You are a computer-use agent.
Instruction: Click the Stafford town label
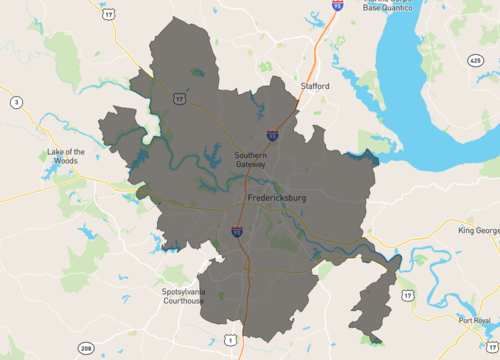click(x=314, y=87)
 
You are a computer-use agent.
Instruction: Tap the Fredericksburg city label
click(x=276, y=199)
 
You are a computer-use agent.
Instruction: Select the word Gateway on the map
click(x=250, y=165)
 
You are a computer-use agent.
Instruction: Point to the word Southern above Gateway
click(x=250, y=155)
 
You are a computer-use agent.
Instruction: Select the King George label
click(x=478, y=231)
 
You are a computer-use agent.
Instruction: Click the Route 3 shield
click(x=16, y=102)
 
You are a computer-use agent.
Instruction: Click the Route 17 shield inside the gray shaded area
click(x=178, y=99)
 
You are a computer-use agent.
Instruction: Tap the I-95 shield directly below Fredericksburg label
click(x=237, y=232)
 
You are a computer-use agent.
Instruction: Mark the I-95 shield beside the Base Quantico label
click(x=337, y=5)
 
